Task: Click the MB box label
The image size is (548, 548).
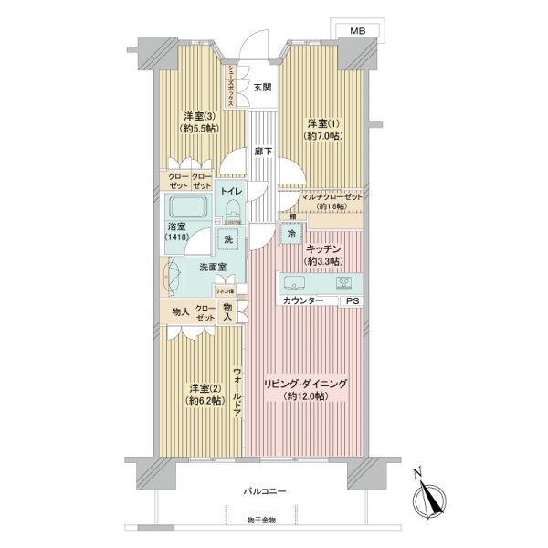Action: (x=357, y=32)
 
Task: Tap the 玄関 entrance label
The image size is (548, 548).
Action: (x=262, y=88)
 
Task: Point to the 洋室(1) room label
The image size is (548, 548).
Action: (x=321, y=130)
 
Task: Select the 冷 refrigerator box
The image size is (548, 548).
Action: (x=290, y=234)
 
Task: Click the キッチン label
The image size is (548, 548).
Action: (x=324, y=253)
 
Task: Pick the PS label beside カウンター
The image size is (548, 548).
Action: (x=352, y=300)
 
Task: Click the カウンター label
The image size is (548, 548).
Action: (x=302, y=300)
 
